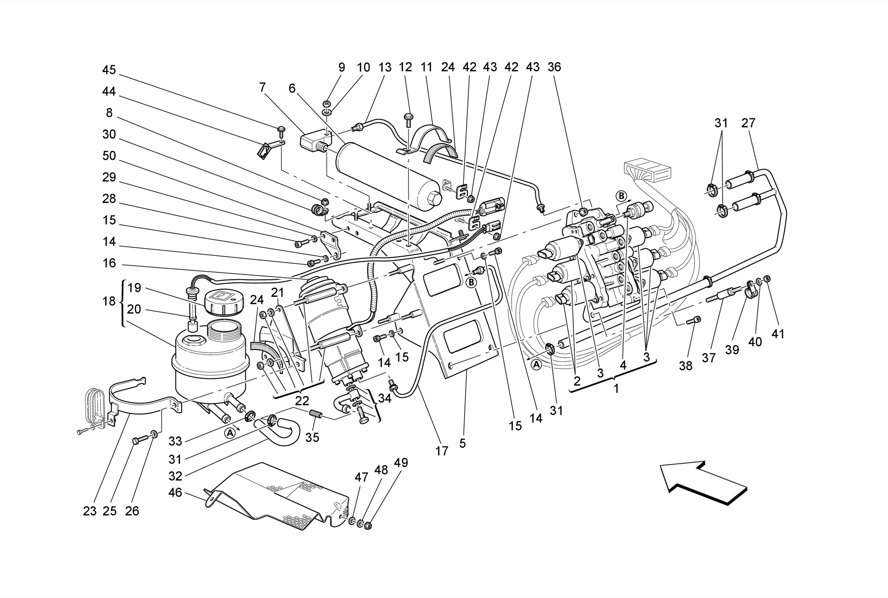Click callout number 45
(109, 70)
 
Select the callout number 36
(554, 67)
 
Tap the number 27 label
(748, 123)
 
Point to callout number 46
(175, 493)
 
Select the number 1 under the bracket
(616, 389)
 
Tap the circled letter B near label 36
(621, 196)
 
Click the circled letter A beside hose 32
(230, 432)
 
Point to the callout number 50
(109, 156)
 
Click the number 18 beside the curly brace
(109, 301)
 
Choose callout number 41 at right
(778, 334)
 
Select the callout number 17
(441, 451)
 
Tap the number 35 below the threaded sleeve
(312, 437)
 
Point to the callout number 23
(90, 511)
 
